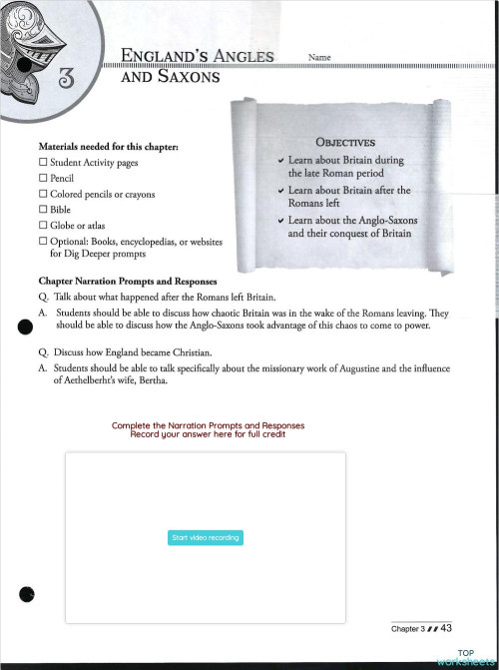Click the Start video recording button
[x=207, y=537]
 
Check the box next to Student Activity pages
[x=43, y=162]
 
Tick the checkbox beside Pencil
[x=43, y=178]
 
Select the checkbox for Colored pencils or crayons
[x=43, y=194]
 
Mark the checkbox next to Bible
[x=43, y=210]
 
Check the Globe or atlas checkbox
[x=43, y=226]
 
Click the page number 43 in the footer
[x=446, y=628]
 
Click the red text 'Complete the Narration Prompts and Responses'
[x=208, y=425]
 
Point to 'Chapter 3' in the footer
[x=406, y=629]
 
